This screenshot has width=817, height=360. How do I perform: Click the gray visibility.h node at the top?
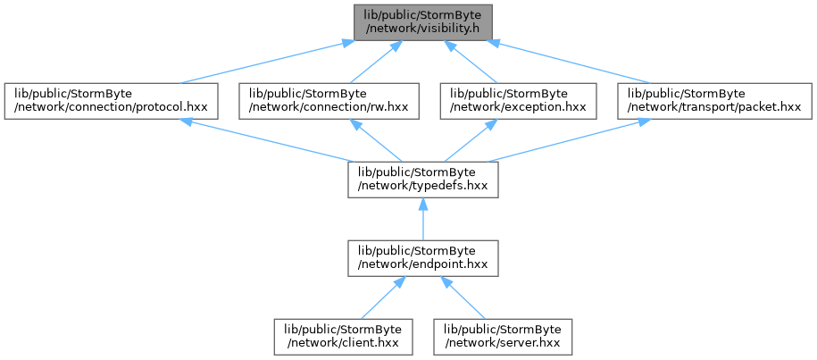(x=422, y=22)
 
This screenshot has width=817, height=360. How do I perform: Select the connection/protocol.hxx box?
(x=111, y=101)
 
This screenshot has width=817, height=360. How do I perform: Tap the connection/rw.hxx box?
(x=329, y=101)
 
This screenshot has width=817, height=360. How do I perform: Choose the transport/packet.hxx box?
(x=714, y=101)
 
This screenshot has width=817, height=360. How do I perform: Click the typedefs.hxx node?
(x=423, y=180)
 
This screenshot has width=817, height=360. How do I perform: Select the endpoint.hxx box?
(x=423, y=258)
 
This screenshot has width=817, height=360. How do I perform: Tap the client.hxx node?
(x=344, y=337)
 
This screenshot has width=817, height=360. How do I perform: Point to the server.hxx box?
(x=503, y=337)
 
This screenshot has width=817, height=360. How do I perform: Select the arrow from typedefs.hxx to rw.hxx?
(x=376, y=140)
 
